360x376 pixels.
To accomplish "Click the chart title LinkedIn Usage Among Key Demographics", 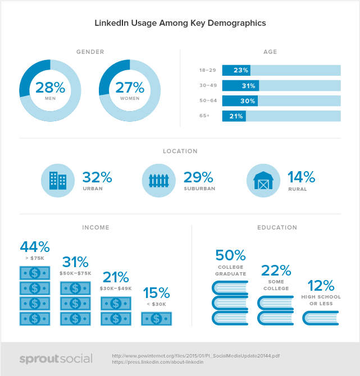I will tap(180, 24).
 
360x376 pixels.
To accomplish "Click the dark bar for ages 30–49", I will tap(240, 86).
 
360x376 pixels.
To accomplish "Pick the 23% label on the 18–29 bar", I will tap(241, 71).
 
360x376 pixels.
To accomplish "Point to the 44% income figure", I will tap(35, 247).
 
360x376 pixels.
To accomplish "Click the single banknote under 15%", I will tap(156, 318).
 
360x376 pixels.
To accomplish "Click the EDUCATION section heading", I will tap(277, 228).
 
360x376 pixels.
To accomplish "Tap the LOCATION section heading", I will tap(180, 151).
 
